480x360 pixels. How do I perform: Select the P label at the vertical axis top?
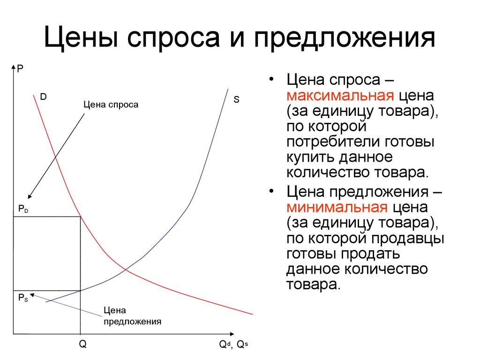point(20,68)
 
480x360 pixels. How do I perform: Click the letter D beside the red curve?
point(43,97)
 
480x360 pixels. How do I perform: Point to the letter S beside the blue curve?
point(236,99)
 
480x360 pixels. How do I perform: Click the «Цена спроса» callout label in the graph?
point(111,105)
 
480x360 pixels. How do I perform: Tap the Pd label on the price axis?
point(23,209)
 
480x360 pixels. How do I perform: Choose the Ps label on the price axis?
point(23,298)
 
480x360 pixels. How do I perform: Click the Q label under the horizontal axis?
point(82,344)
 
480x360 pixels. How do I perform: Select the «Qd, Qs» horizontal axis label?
point(233,345)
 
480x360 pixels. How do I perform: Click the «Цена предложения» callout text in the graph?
point(132,316)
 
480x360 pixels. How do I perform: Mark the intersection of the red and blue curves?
point(126,270)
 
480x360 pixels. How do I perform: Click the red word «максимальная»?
point(340,96)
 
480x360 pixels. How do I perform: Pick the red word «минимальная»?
point(337,208)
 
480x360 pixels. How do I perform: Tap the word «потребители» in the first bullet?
point(333,142)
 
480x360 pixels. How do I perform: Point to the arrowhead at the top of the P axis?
point(13,67)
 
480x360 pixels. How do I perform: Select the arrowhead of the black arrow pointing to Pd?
point(30,196)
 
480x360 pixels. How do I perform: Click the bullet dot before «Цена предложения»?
point(271,191)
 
